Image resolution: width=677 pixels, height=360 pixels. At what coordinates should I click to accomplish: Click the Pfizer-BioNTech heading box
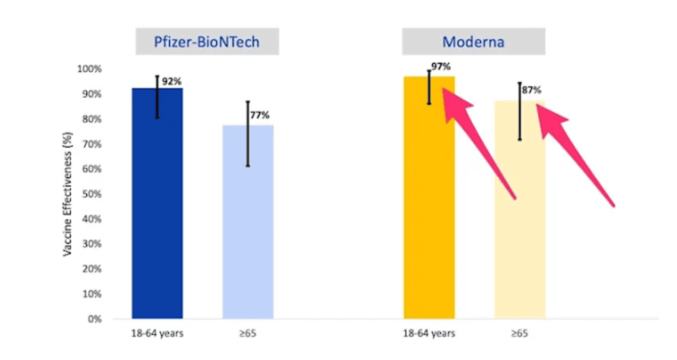click(x=207, y=41)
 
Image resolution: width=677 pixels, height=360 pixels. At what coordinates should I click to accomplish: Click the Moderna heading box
click(x=474, y=41)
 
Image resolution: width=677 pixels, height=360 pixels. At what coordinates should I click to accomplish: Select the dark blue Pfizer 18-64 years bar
click(x=158, y=207)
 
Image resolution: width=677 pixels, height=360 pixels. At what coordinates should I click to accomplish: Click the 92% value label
click(x=172, y=82)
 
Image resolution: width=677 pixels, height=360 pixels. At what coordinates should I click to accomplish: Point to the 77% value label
click(x=260, y=115)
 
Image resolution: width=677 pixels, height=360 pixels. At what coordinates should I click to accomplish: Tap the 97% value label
click(x=441, y=67)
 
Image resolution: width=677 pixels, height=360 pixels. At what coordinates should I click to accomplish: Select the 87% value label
click(x=531, y=91)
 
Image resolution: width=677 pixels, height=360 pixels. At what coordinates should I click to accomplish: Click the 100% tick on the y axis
click(x=90, y=69)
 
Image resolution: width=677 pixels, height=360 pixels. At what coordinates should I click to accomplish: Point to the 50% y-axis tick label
click(x=92, y=194)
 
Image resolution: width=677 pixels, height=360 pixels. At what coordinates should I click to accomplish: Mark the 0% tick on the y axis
click(x=95, y=319)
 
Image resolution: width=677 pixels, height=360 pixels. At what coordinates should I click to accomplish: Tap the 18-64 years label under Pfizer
click(x=158, y=334)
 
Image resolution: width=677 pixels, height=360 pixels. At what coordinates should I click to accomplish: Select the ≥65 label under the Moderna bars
click(x=519, y=334)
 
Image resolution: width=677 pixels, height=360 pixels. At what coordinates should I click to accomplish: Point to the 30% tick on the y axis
click(x=92, y=244)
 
